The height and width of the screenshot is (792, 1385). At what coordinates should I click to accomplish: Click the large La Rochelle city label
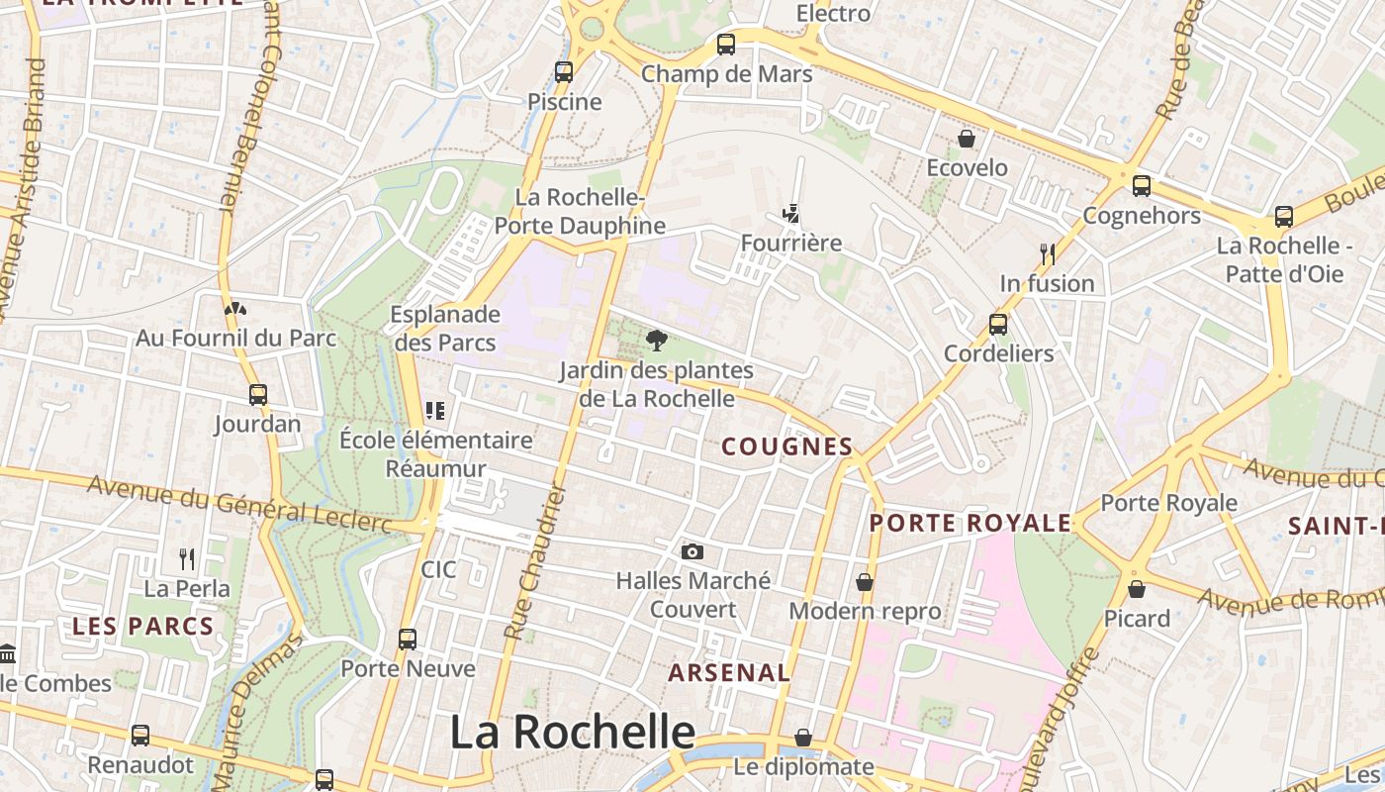click(572, 732)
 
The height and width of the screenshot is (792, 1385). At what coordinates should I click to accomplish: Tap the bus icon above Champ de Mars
click(726, 44)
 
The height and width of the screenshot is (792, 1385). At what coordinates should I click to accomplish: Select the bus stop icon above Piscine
click(564, 71)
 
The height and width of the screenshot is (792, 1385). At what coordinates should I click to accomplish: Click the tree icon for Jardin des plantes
click(656, 341)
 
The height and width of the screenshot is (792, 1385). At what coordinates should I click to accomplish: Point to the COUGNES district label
click(786, 446)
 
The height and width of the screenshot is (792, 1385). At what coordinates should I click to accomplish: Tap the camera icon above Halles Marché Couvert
click(692, 551)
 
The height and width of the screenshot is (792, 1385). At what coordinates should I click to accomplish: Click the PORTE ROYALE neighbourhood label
click(969, 523)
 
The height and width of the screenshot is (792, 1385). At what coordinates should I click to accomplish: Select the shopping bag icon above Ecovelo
click(967, 139)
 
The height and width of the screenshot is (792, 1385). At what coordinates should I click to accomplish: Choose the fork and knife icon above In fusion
click(1047, 253)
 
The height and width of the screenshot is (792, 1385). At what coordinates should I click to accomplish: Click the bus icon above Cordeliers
click(998, 324)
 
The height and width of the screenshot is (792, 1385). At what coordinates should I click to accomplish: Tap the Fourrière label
click(791, 243)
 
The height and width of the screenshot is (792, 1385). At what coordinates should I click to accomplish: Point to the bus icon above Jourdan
click(258, 395)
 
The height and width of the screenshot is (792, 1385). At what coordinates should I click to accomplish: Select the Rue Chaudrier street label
click(535, 560)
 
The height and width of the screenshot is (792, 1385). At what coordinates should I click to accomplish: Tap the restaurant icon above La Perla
click(186, 559)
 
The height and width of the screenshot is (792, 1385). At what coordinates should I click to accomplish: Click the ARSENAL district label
click(729, 673)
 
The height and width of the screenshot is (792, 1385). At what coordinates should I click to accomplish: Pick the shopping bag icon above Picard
click(1137, 589)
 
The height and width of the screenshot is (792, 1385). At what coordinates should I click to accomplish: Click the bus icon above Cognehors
click(1142, 185)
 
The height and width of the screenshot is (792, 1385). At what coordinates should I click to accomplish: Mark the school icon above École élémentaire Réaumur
click(435, 410)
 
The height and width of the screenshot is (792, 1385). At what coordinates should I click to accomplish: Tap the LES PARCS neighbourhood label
click(143, 626)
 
